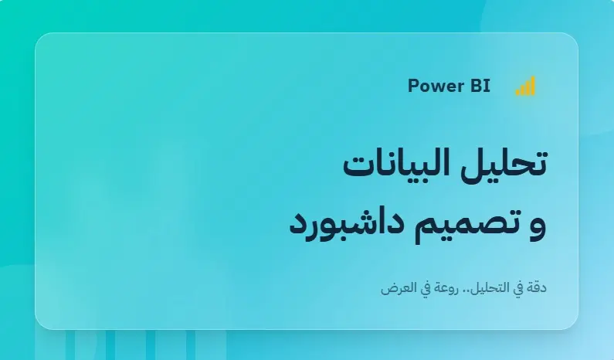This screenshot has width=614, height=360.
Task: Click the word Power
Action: pos(431,86)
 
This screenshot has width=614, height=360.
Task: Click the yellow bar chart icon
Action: pos(525,87)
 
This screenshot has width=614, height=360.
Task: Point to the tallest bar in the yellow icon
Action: pos(532,86)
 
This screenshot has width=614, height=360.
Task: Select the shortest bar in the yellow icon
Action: pos(518,92)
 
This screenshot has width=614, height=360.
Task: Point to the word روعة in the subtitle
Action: pos(439,289)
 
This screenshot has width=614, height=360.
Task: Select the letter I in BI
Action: pos(487,86)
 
